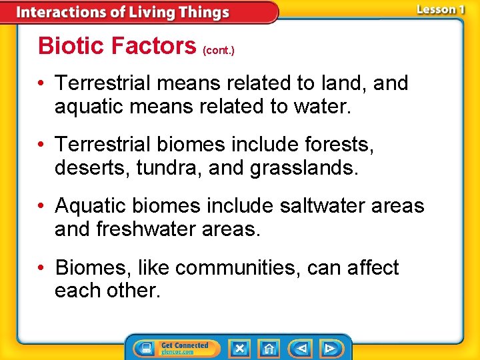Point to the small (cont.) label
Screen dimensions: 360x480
pos(219,50)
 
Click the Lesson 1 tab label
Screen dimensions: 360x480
pos(440,9)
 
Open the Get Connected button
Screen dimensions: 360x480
pos(172,348)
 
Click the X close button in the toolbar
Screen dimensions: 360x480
pos(239,348)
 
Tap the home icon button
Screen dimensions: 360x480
pos(269,348)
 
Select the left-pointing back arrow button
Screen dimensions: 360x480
pos(301,348)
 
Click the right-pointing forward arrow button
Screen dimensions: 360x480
pos(329,348)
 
